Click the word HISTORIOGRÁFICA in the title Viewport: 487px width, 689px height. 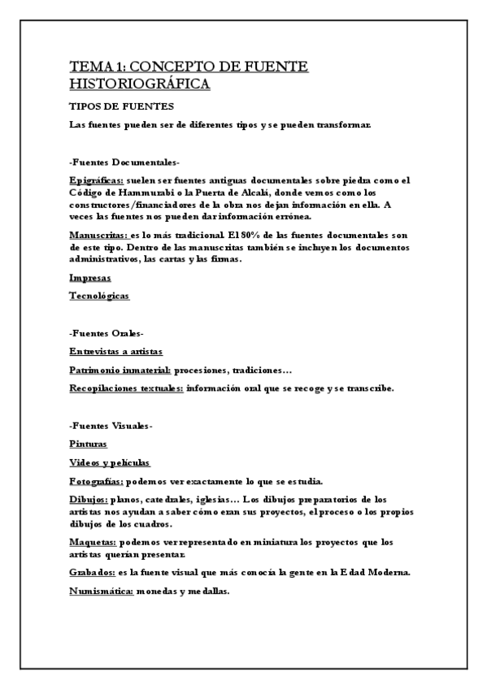click(140, 84)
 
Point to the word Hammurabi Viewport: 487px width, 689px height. click(154, 193)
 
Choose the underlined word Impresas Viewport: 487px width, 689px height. click(90, 279)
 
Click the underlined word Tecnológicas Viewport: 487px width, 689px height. click(99, 297)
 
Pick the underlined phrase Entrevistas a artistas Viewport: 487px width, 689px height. click(116, 351)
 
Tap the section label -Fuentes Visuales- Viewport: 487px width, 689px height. click(111, 426)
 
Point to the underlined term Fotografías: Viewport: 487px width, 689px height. click(97, 480)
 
